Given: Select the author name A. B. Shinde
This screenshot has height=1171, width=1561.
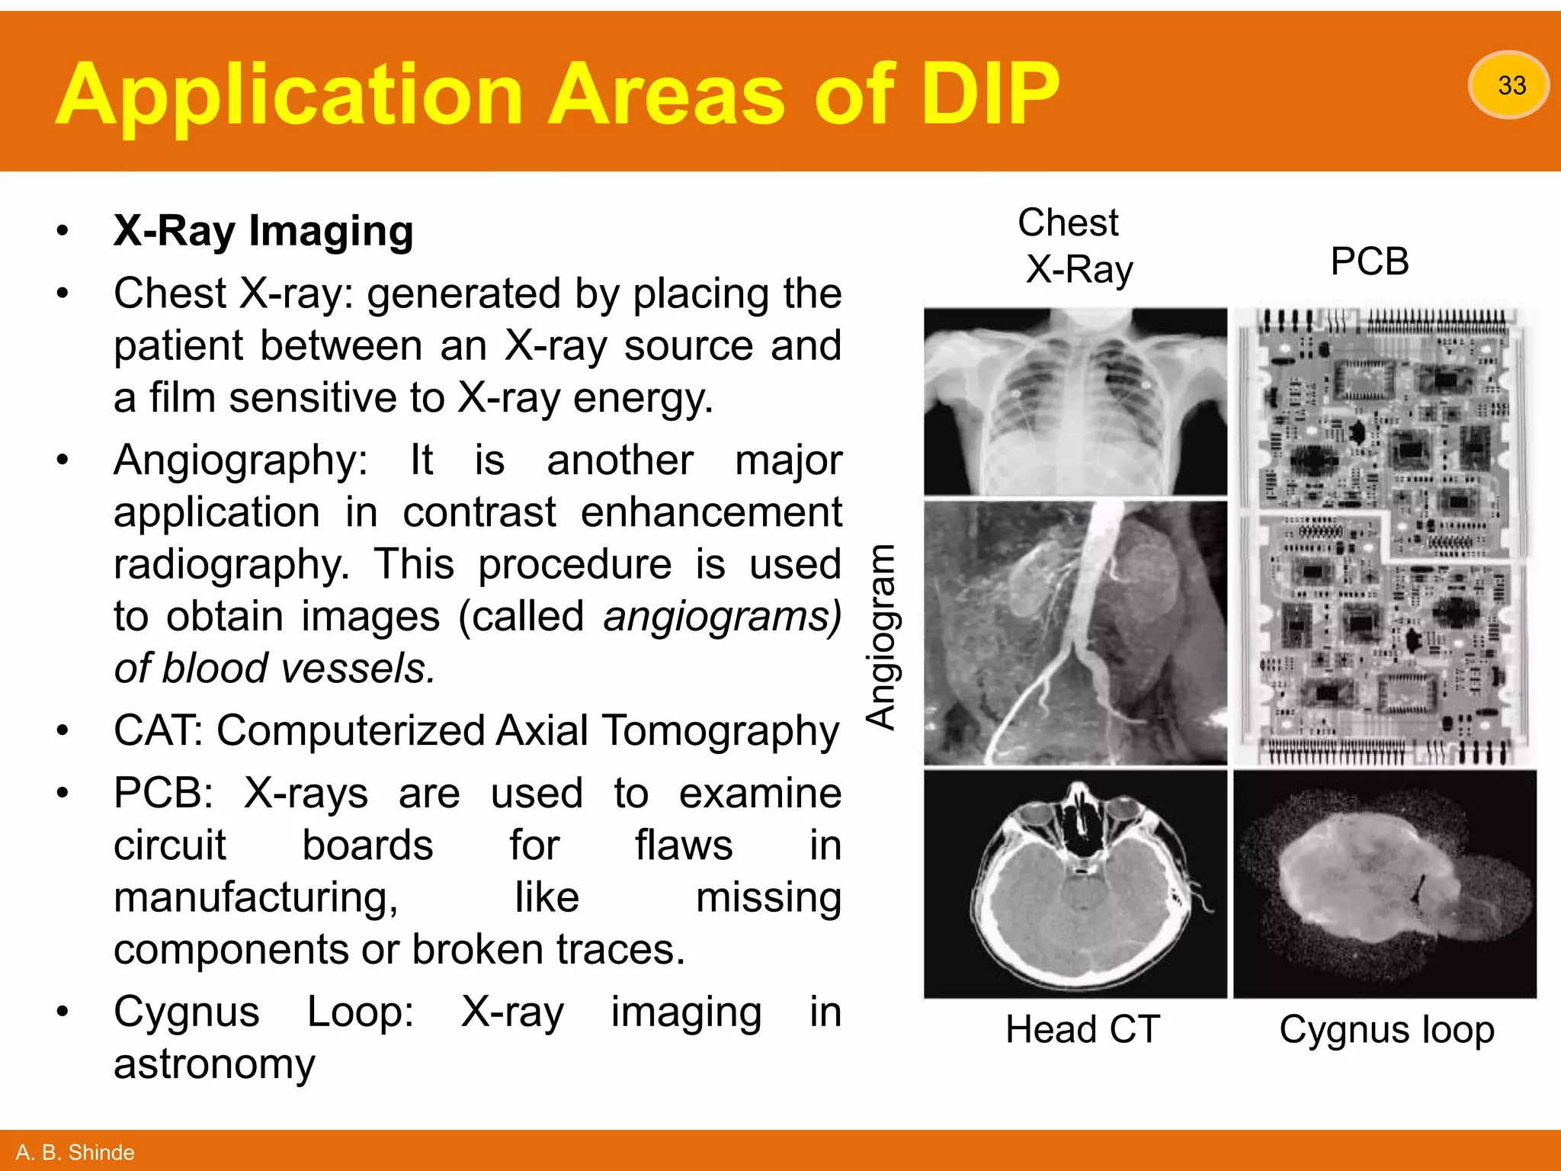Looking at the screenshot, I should (75, 1152).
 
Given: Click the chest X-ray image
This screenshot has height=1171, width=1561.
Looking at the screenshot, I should (1075, 401).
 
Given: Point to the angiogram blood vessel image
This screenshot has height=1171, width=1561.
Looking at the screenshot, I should (1075, 633).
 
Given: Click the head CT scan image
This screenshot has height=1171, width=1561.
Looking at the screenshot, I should (1075, 884).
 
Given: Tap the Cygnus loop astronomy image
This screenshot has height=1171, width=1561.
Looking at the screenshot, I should (1385, 884).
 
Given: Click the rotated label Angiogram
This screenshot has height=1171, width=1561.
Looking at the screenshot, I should (882, 637).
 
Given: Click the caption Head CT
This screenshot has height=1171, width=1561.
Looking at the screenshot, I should (1082, 1029).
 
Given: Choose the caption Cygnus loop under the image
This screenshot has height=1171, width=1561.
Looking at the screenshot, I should (1386, 1029).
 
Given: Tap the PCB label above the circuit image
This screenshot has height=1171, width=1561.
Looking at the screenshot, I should (1369, 261).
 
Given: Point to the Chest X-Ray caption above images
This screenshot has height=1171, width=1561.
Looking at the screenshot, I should (1075, 245).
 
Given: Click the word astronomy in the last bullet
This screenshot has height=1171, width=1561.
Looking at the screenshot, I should (214, 1064).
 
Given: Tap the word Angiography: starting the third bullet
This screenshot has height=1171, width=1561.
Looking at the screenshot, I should (240, 460).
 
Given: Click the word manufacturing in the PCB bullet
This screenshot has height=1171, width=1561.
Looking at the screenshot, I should (255, 897).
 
